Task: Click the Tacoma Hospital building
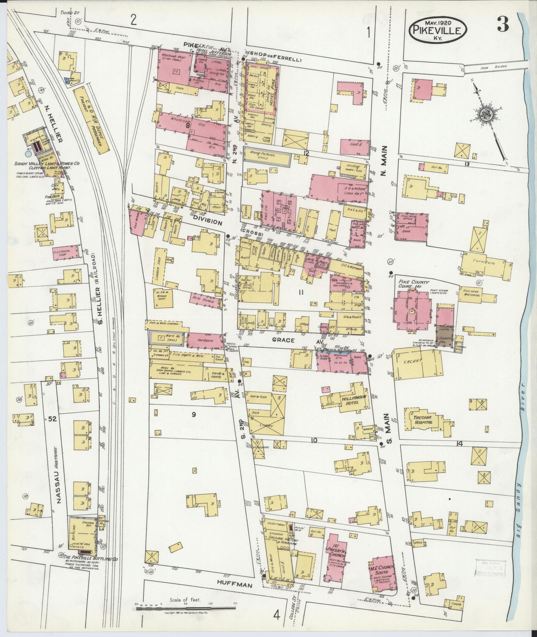(x=423, y=420)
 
